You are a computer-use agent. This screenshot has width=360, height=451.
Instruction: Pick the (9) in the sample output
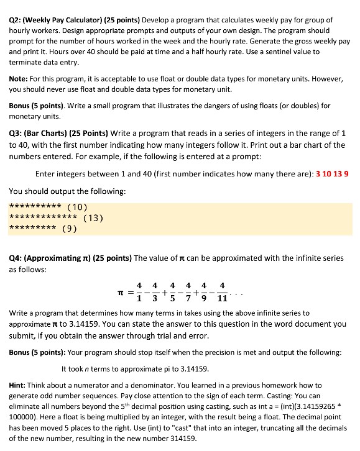coord(70,228)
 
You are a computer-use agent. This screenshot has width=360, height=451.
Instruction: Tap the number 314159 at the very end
coord(180,438)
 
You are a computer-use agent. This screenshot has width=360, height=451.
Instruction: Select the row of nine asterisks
coord(34,228)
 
